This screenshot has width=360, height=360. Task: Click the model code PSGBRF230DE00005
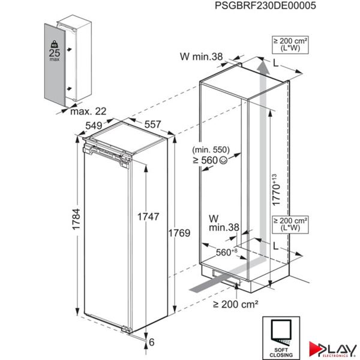(264, 5)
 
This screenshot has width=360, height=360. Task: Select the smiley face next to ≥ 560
(239, 160)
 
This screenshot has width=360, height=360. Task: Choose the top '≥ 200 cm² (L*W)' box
(290, 44)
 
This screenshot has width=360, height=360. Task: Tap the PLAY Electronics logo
(331, 347)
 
